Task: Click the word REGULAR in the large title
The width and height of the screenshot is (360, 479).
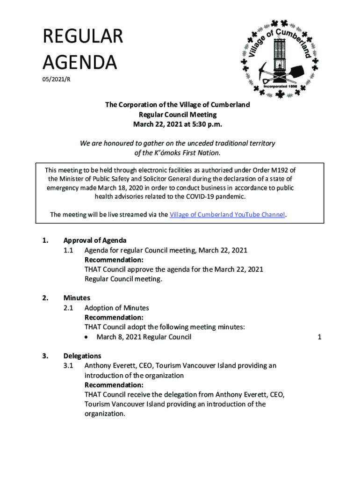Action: (83, 37)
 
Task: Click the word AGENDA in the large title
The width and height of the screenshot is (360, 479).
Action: (79, 62)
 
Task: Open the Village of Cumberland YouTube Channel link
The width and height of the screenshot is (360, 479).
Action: (227, 215)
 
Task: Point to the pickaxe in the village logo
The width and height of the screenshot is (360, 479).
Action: (264, 70)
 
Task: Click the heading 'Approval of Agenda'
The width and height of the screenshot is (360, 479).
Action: (95, 240)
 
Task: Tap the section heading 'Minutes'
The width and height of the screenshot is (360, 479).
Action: (77, 298)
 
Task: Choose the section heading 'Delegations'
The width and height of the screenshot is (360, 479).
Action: (82, 356)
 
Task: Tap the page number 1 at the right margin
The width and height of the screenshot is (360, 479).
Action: (319, 337)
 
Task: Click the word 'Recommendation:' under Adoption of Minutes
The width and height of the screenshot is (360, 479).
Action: (114, 318)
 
